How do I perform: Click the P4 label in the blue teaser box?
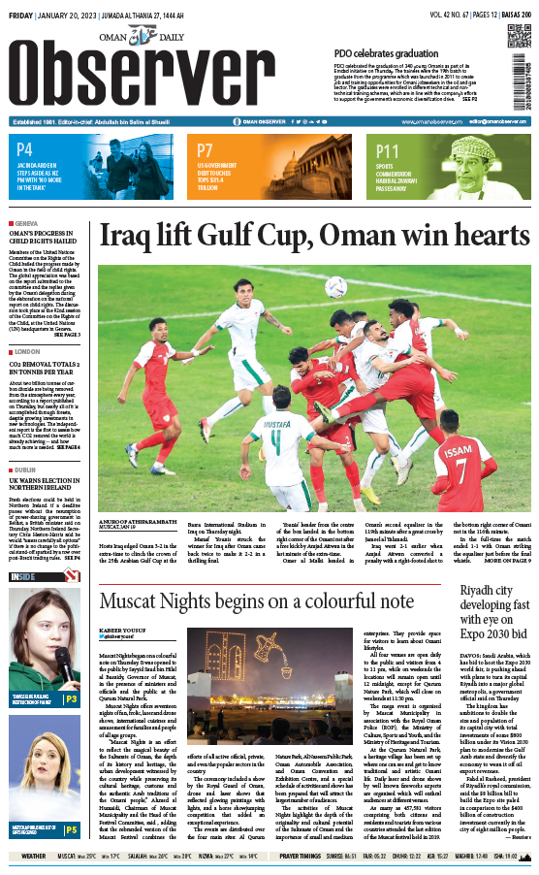[25, 150]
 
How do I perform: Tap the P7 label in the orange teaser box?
[205, 150]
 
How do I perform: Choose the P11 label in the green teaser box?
[388, 150]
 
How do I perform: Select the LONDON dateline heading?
[28, 351]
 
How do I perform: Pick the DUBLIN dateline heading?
[27, 468]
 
